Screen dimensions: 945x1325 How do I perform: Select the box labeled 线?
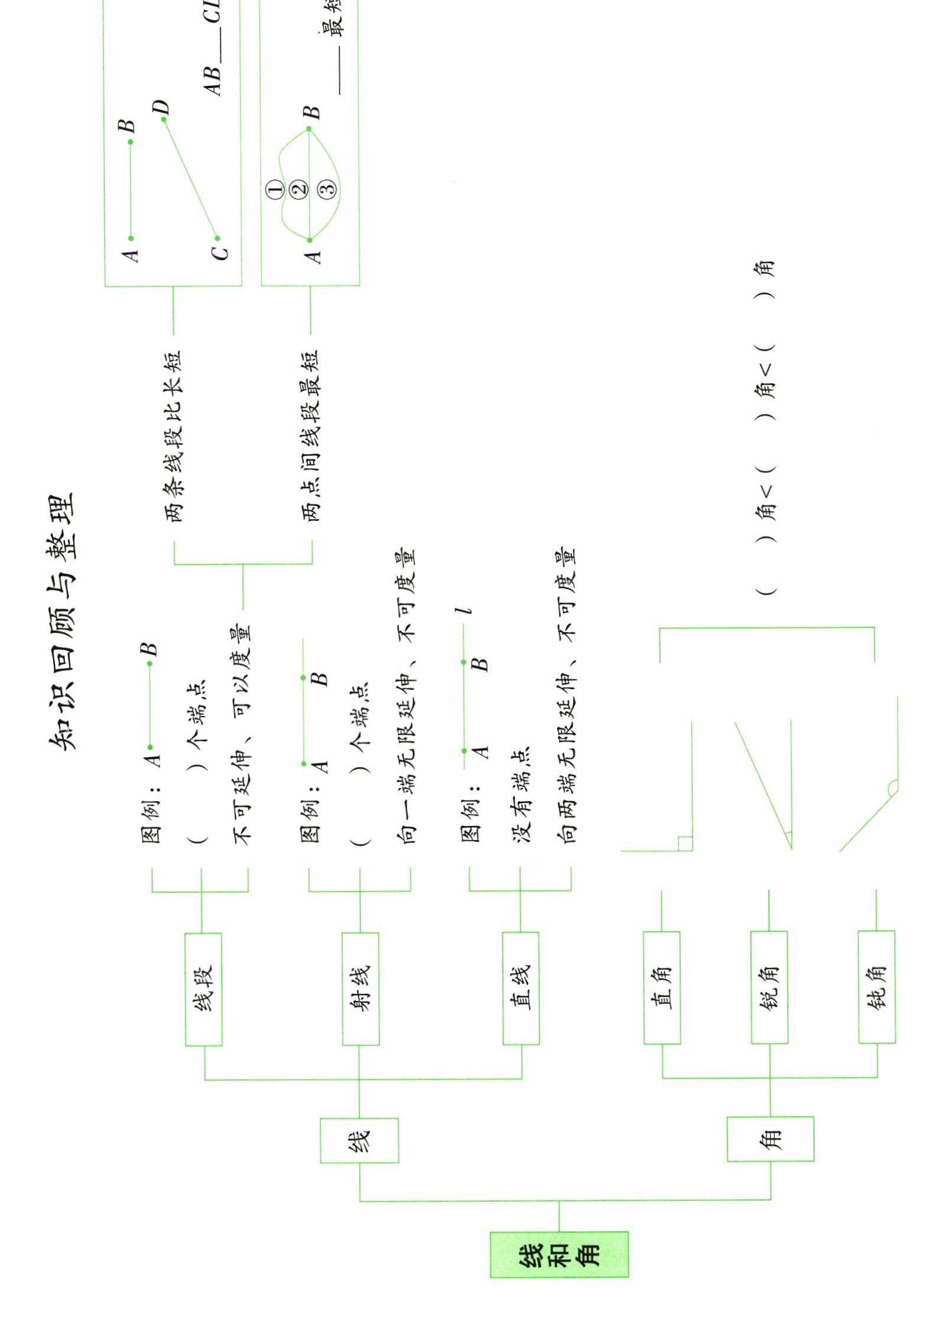[x=359, y=1140]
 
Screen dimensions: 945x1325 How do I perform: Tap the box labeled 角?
[x=770, y=1138]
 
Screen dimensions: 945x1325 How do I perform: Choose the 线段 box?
[x=203, y=989]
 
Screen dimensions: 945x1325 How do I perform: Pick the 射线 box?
[x=361, y=989]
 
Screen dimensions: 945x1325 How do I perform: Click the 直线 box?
[x=521, y=989]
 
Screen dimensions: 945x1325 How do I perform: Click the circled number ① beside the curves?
[x=276, y=189]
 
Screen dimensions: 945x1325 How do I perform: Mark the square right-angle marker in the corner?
[x=685, y=844]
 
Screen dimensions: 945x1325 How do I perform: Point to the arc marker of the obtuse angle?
[x=892, y=786]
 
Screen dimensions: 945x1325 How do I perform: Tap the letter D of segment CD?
[x=161, y=108]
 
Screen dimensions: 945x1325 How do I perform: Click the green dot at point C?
[x=217, y=238]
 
